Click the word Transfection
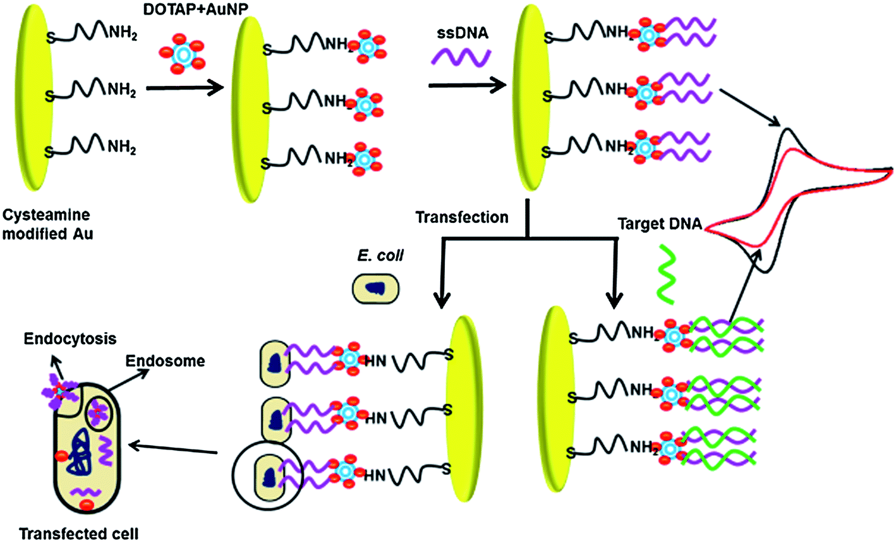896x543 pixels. click(462, 217)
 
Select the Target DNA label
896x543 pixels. click(660, 224)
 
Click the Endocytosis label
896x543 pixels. click(70, 339)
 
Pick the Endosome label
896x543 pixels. click(165, 361)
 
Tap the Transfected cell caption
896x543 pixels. click(78, 534)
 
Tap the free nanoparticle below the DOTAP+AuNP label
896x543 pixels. click(182, 56)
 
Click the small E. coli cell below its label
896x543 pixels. click(375, 289)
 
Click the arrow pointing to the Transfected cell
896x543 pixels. click(174, 446)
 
